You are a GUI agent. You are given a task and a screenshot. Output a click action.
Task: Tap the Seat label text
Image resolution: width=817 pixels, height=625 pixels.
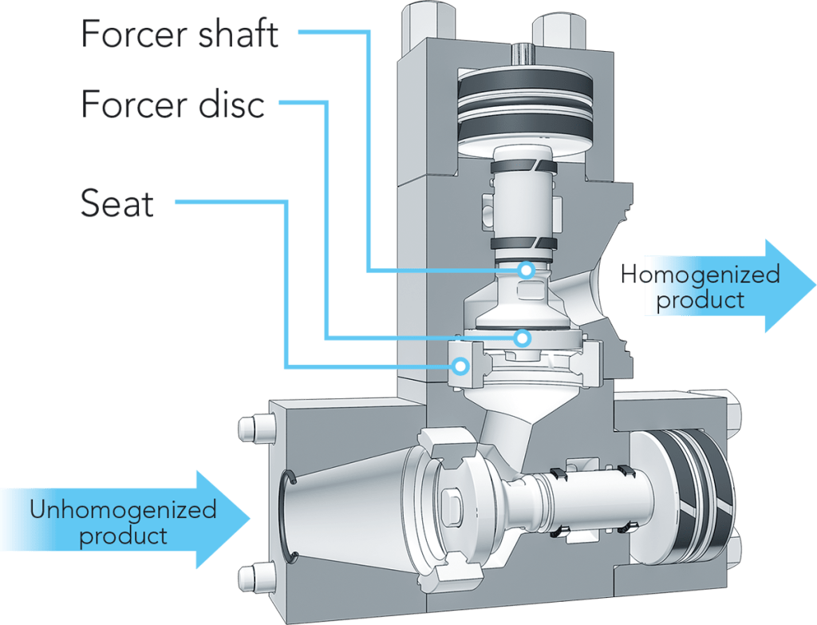click(116, 204)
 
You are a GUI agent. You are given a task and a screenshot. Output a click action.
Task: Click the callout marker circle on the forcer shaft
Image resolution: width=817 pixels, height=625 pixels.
click(525, 269)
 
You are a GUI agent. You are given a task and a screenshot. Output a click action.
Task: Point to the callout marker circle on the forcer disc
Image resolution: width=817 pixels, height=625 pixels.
click(522, 337)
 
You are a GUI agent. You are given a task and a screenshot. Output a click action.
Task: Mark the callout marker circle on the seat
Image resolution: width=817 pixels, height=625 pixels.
click(460, 366)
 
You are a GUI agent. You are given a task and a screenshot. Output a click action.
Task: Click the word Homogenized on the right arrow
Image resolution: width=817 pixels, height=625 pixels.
click(700, 276)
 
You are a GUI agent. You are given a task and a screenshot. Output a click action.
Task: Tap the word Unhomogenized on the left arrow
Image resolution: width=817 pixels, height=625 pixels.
click(123, 509)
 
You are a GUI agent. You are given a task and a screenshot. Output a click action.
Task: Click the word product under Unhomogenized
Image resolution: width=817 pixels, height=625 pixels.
click(124, 535)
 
